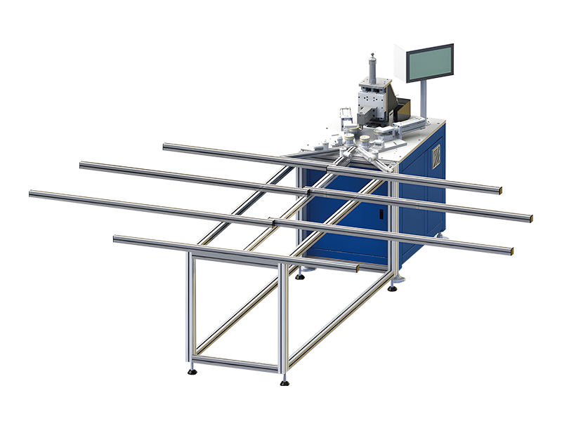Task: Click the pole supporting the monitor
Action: pyautogui.click(x=425, y=98)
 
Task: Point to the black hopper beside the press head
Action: pyautogui.click(x=402, y=109)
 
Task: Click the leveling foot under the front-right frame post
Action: pyautogui.click(x=285, y=381)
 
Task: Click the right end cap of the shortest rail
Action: pyautogui.click(x=357, y=268)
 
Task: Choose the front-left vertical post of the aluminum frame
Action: pyautogui.click(x=190, y=309)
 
